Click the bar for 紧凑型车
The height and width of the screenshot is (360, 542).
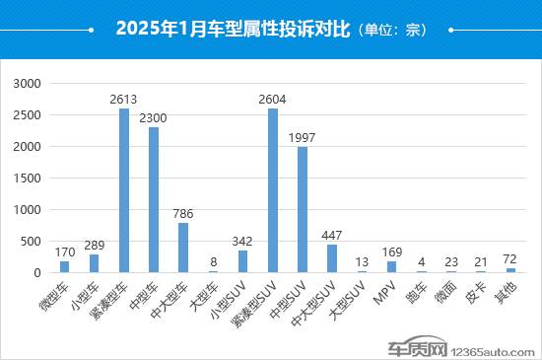[x=124, y=190]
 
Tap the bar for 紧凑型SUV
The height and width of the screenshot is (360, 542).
[x=273, y=190]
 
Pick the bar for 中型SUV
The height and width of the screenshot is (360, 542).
[x=303, y=210]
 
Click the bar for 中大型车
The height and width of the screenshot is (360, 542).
[x=183, y=248]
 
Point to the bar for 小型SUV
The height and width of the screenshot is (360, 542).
[x=243, y=261]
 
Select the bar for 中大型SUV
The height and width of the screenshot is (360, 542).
[x=332, y=258]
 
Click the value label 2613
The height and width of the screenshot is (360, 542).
[x=124, y=100]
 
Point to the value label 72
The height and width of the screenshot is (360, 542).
[x=510, y=259]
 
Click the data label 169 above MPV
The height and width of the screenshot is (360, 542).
[x=391, y=253]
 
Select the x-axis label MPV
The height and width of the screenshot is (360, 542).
[x=385, y=290]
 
